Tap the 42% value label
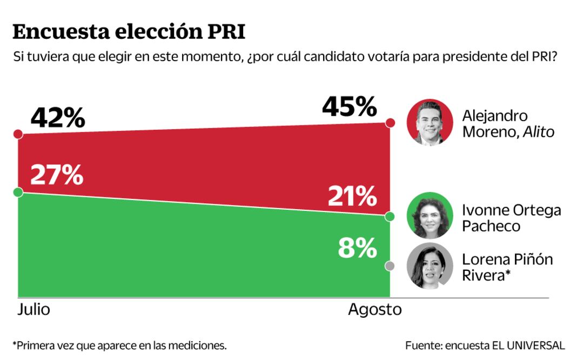(57, 118)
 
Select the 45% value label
(349, 106)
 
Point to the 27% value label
(56, 175)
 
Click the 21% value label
(352, 196)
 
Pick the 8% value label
(357, 248)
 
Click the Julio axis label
(33, 310)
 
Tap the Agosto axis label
(374, 310)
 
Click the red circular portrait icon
(429, 123)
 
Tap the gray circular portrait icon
(429, 266)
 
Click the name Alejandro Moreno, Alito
(508, 124)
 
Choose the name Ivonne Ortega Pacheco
(511, 218)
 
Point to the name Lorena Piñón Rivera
(507, 267)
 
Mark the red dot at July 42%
(18, 134)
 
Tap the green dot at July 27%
(18, 192)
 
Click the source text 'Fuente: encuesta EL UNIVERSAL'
(485, 345)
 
